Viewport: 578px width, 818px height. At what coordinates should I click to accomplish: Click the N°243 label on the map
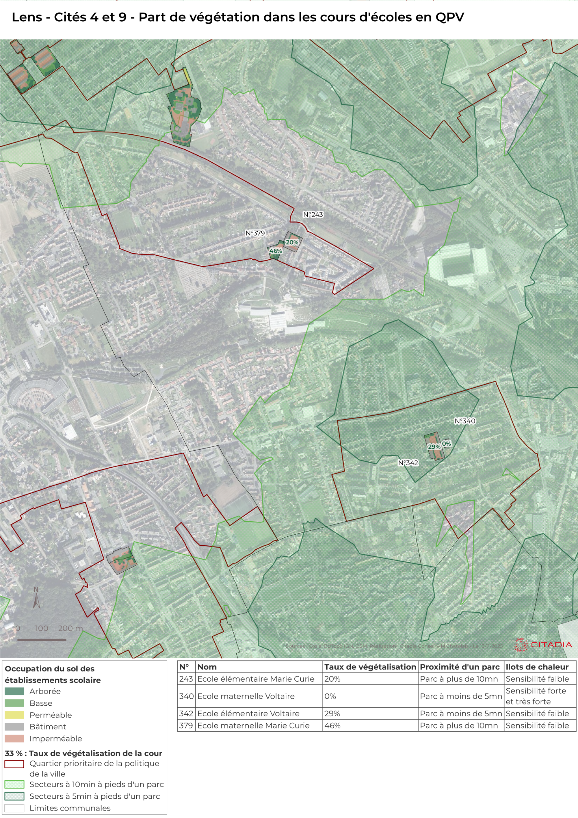tap(313, 214)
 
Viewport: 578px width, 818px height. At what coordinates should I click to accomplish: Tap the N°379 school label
tap(255, 233)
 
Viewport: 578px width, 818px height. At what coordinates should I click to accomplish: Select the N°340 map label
tap(465, 421)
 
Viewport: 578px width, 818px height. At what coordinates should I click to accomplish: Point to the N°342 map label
tap(408, 463)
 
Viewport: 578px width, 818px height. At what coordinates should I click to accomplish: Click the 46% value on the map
tap(275, 251)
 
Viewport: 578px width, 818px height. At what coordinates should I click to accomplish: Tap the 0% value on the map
tap(446, 444)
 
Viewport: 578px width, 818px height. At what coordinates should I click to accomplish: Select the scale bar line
tap(42, 640)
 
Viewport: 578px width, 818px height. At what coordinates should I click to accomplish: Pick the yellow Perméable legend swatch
tap(14, 715)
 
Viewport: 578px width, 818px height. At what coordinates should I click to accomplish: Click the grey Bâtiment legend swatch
tap(14, 726)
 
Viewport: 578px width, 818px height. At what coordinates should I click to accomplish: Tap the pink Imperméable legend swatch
tap(14, 738)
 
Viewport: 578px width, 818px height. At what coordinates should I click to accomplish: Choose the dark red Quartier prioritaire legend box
tap(14, 764)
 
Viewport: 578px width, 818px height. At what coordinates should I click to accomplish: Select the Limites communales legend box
tap(14, 808)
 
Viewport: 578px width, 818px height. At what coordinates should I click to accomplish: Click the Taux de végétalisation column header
tap(370, 667)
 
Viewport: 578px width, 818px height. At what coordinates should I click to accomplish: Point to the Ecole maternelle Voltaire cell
tap(246, 696)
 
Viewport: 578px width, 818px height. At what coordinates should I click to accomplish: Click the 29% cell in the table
tap(332, 713)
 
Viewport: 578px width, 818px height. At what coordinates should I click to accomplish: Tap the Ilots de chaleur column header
tap(537, 667)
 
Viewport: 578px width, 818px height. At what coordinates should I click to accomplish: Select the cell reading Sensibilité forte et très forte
tap(536, 696)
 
